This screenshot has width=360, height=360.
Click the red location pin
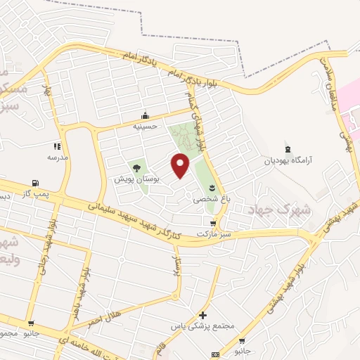pyautogui.click(x=181, y=165)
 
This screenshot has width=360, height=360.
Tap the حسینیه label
pyautogui.click(x=146, y=127)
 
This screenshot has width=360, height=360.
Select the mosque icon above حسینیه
pyautogui.click(x=146, y=116)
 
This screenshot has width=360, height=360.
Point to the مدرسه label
pyautogui.click(x=57, y=157)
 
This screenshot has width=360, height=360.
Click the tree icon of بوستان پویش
pyautogui.click(x=136, y=168)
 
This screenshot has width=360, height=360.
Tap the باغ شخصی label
pyautogui.click(x=211, y=199)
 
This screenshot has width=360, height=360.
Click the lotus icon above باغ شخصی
pyautogui.click(x=211, y=188)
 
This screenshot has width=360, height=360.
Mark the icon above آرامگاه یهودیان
pyautogui.click(x=287, y=149)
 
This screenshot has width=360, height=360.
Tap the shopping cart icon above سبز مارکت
pyautogui.click(x=214, y=223)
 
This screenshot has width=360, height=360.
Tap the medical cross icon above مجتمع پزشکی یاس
pyautogui.click(x=203, y=316)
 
